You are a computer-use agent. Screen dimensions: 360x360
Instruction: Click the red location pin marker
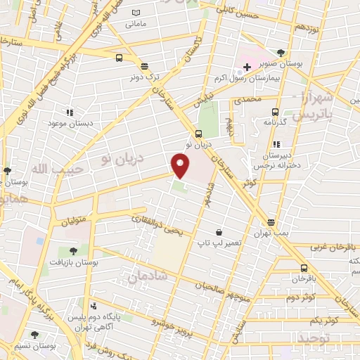pyautogui.click(x=181, y=166)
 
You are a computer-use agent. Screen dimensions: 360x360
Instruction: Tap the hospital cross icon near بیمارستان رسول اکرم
pyautogui.click(x=247, y=66)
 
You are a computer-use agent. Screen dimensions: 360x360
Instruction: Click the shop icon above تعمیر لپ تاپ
pyautogui.click(x=219, y=232)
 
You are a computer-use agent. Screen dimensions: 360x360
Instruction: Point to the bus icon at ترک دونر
pyautogui.click(x=144, y=67)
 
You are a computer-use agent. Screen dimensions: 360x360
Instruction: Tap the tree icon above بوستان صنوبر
pyautogui.click(x=281, y=53)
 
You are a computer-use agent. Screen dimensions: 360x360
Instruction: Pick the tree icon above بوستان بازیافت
pyautogui.click(x=72, y=250)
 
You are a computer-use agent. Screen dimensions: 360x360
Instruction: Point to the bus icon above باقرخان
pyautogui.click(x=304, y=268)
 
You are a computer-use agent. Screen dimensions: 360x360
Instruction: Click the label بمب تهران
pyautogui.click(x=271, y=231)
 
